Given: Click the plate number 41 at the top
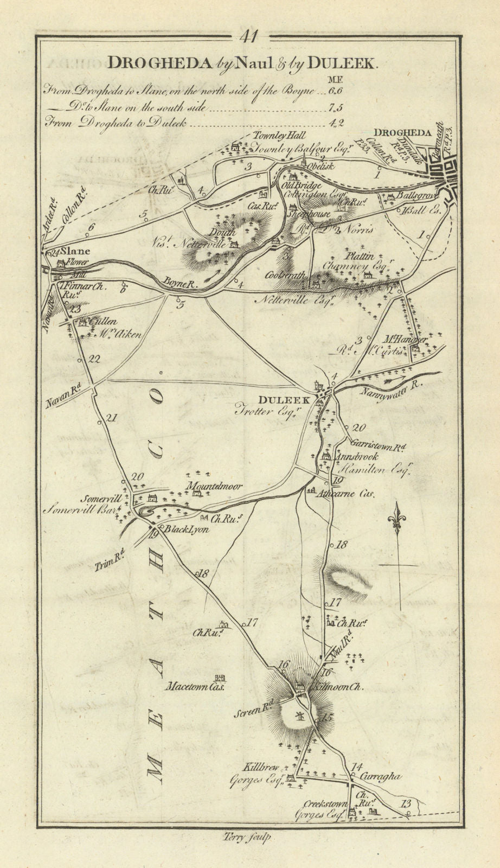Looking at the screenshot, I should coord(250,37).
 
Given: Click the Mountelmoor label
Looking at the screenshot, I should coord(213,487).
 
